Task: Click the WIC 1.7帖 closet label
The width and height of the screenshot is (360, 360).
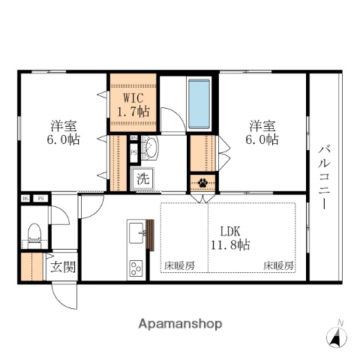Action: [133, 104]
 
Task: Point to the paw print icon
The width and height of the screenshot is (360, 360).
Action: [202, 181]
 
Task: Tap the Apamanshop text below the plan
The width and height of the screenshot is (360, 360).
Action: [180, 324]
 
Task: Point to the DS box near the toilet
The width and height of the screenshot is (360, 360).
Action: [25, 199]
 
